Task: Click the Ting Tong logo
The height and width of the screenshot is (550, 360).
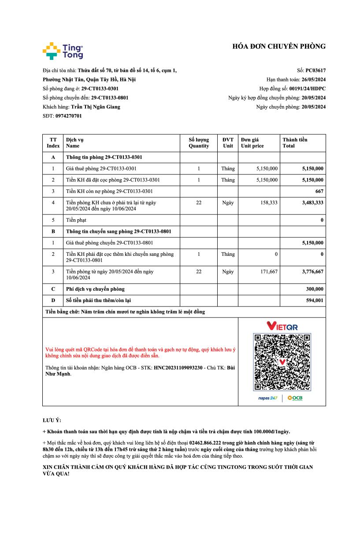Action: tap(63, 51)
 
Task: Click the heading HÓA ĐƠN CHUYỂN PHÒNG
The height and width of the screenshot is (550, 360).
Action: tap(279, 46)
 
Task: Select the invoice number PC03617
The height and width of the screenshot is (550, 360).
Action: tap(315, 70)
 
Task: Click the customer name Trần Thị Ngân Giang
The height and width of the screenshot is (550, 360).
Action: tap(95, 107)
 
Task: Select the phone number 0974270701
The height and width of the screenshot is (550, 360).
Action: tap(68, 116)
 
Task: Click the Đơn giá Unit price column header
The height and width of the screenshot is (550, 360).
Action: tap(252, 143)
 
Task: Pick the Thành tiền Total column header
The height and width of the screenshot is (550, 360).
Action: tap(295, 143)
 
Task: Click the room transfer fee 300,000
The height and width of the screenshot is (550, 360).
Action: tap(315, 289)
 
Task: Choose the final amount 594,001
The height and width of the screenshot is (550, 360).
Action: tap(315, 300)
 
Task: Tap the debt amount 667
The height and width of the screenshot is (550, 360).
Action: tap(319, 191)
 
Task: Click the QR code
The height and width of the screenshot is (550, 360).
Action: tap(282, 362)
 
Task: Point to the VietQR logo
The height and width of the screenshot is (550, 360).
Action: tap(282, 326)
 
